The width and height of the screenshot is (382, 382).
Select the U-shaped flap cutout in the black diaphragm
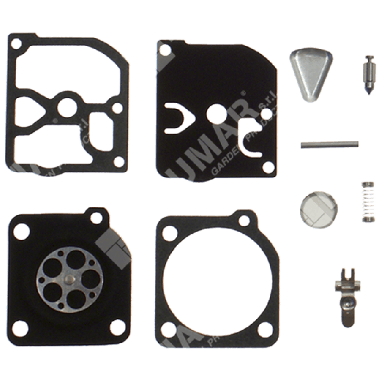click(174, 116)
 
